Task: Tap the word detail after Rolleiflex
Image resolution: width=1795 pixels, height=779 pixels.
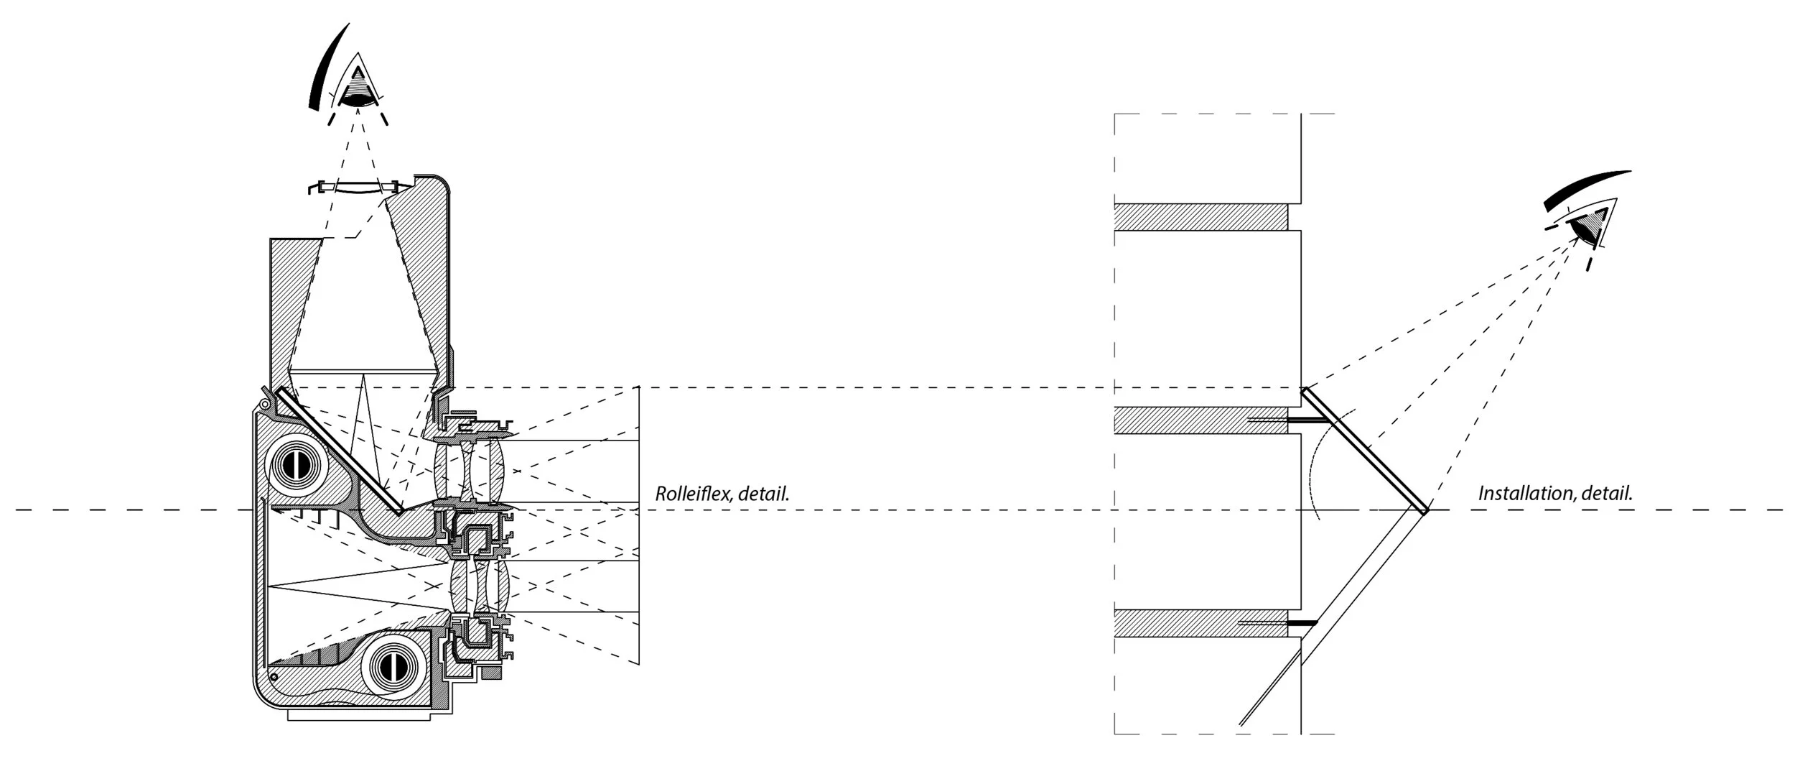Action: pyautogui.click(x=768, y=494)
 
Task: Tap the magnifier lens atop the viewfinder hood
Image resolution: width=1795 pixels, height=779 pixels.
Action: pyautogui.click(x=357, y=188)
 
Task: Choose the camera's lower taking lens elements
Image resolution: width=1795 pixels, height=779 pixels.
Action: pyautogui.click(x=481, y=586)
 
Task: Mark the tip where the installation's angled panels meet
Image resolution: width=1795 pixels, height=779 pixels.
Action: pyautogui.click(x=1425, y=511)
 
